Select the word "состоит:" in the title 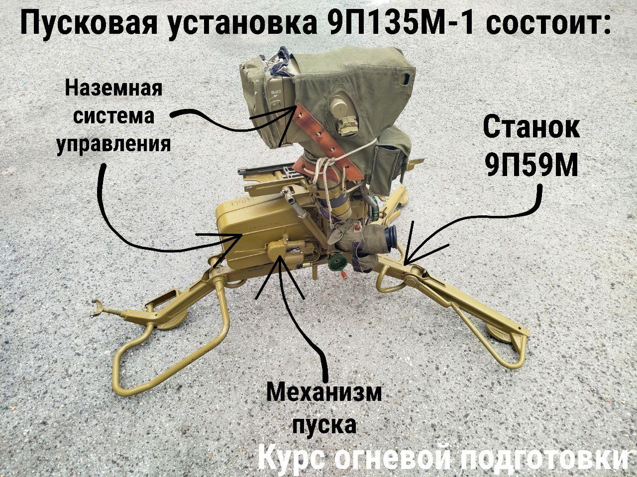[548, 24]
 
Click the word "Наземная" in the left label [113, 88]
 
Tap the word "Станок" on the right [531, 128]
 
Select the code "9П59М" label [531, 165]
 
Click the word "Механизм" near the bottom [324, 393]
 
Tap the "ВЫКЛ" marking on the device [274, 93]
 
